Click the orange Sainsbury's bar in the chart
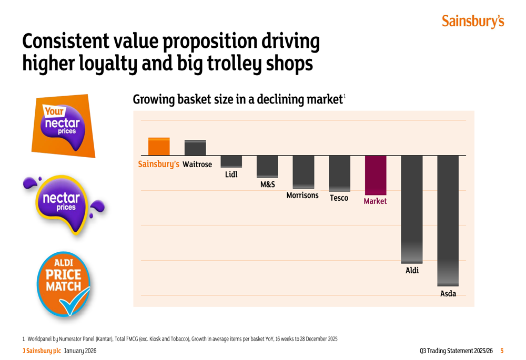click(x=159, y=147)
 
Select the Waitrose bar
click(x=195, y=148)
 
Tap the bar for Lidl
click(x=231, y=161)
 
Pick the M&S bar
click(x=267, y=167)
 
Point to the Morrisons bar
click(x=304, y=172)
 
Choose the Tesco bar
click(x=339, y=173)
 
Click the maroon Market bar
click(x=376, y=176)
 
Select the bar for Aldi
click(x=412, y=210)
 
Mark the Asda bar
click(x=448, y=221)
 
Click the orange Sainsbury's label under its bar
click(x=159, y=164)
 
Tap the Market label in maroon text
click(x=376, y=201)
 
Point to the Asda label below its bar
click(x=448, y=294)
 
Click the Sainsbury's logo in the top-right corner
click(x=473, y=21)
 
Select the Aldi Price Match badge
click(x=64, y=284)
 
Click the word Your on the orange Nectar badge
click(x=54, y=111)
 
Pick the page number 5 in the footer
click(x=502, y=351)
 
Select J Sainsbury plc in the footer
click(x=42, y=351)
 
